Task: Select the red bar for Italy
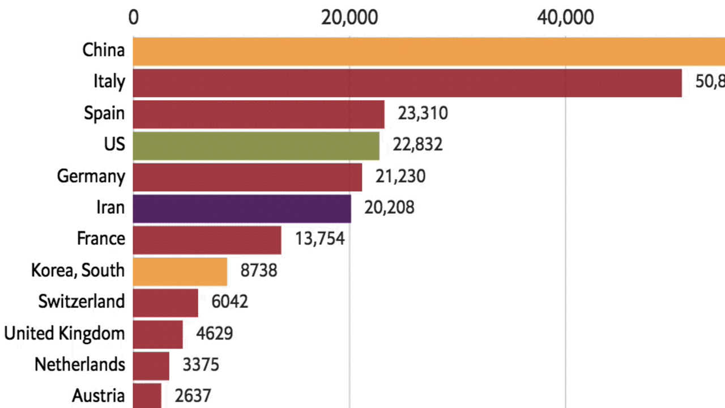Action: coord(407,83)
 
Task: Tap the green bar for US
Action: coord(256,146)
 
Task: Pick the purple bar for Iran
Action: coord(242,209)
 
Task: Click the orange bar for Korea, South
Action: coord(180,271)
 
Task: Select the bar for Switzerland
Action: coord(165,303)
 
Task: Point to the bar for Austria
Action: coord(147,396)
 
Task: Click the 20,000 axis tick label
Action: coord(349,17)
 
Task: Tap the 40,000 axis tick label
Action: coord(566,17)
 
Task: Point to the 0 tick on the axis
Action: coord(133,17)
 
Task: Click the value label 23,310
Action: coord(423,113)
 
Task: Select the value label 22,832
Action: coord(417,144)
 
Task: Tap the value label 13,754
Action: coord(319,239)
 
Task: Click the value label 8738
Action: coord(259,270)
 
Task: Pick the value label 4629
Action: coord(214,333)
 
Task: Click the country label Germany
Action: coord(91,176)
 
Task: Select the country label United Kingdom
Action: coord(64,333)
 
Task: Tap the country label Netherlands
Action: coord(79,364)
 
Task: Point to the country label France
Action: coord(101,239)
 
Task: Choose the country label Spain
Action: coord(104,113)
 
